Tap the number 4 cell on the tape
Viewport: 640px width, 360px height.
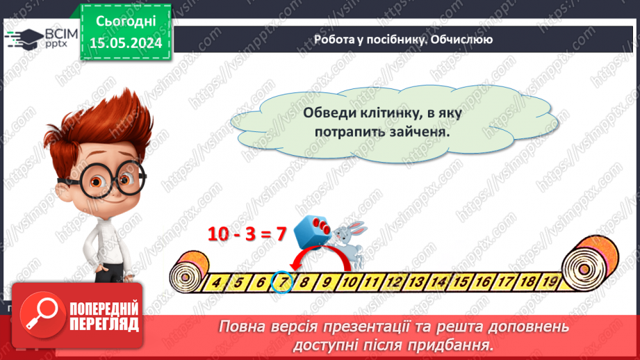coord(217,282)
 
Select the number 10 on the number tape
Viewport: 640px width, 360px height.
coord(350,282)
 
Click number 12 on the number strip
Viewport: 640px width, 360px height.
coord(394,282)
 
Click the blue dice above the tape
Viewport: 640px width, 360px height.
coord(311,231)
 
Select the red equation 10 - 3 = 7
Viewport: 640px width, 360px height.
coord(247,234)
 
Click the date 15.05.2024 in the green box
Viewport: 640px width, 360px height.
coord(126,42)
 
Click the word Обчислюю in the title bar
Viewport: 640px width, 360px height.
coord(461,40)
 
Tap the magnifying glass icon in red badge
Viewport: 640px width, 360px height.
coord(40,316)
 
